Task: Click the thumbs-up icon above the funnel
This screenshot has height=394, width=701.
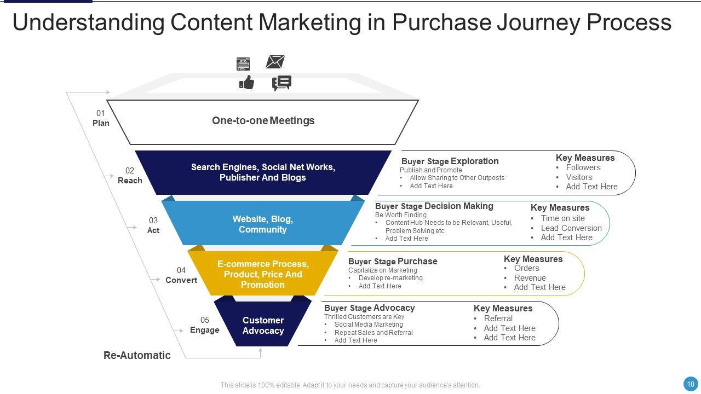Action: pos(247,83)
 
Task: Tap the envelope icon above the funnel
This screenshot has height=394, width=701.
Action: pos(275,62)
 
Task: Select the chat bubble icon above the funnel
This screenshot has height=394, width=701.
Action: pos(281,83)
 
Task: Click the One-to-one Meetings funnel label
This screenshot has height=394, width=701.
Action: pos(263,120)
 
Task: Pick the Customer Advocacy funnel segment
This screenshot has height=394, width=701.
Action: pos(263,326)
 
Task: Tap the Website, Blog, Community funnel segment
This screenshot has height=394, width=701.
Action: pos(263,224)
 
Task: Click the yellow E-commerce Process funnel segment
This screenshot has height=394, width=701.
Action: pos(263,274)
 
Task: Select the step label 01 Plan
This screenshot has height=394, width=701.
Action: pos(101,118)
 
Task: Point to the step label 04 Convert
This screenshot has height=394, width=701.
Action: pos(181,275)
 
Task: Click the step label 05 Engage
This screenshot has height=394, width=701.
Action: pos(205,325)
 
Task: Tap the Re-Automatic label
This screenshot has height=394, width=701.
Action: pos(137,355)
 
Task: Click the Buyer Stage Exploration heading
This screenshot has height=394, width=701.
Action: pos(450,161)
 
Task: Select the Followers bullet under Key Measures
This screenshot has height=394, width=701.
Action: pos(583,167)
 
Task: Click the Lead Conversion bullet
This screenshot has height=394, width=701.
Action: pos(571,228)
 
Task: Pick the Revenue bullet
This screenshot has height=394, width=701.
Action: pos(530,278)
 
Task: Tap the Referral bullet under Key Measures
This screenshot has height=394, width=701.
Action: pos(498,318)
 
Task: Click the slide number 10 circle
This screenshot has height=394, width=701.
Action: pos(691,384)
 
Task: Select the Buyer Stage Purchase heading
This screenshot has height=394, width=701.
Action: pos(393,261)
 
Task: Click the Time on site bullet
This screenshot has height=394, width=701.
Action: pos(562,218)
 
